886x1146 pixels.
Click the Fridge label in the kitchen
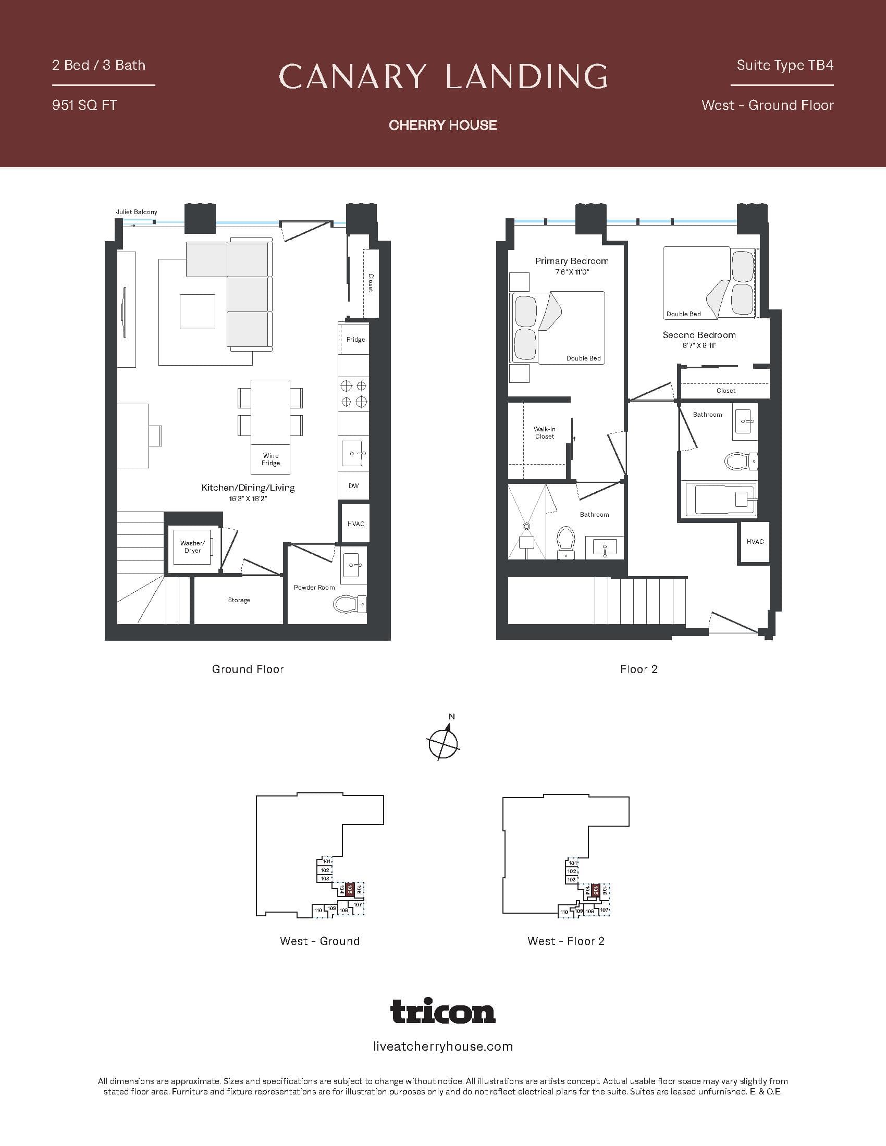[x=355, y=340]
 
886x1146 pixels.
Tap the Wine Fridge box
[x=270, y=459]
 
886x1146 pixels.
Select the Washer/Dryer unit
[x=192, y=547]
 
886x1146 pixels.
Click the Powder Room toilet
[x=350, y=604]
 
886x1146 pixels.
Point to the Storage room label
[x=239, y=600]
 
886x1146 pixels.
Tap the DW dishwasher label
[x=353, y=486]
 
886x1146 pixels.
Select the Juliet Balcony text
[x=137, y=212]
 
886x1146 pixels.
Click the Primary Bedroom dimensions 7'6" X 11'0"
[x=572, y=272]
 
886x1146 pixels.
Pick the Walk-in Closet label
[x=544, y=432]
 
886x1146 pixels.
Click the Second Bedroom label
[x=698, y=335]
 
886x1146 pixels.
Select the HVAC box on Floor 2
[x=755, y=542]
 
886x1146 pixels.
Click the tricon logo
[x=443, y=1011]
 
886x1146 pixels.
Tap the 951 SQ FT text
[x=84, y=105]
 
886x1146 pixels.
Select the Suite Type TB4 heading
[x=784, y=65]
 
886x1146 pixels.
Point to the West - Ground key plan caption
[x=319, y=941]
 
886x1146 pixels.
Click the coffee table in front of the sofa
[x=198, y=311]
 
